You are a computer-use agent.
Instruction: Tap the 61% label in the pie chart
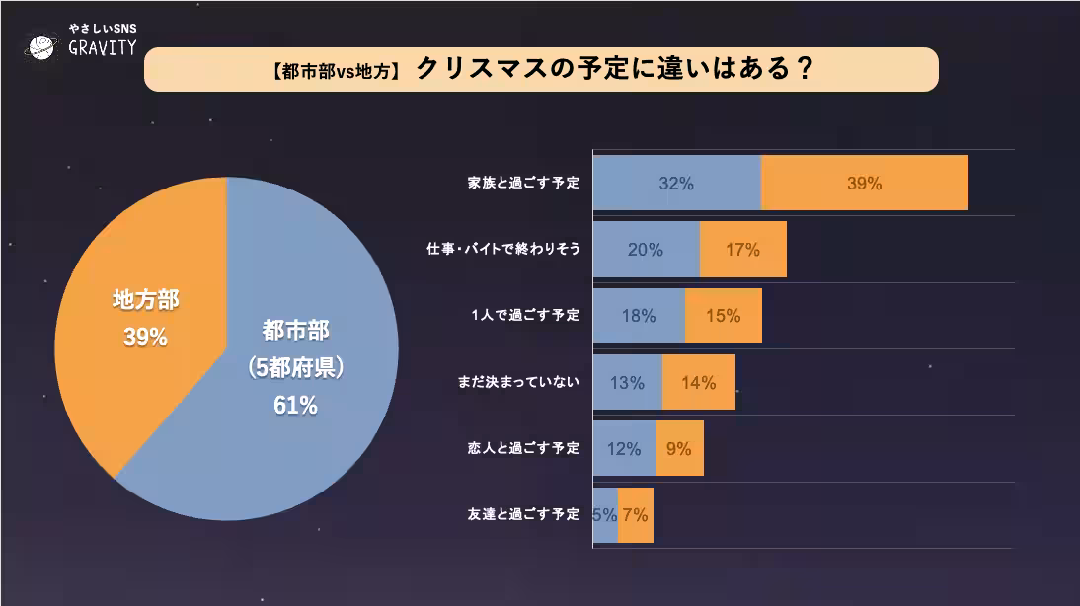(x=295, y=405)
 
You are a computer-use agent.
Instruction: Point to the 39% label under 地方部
(x=145, y=338)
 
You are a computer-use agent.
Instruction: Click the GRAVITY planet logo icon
(x=42, y=46)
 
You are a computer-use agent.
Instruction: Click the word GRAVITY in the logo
(x=103, y=49)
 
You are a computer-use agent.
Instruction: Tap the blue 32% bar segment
(x=676, y=183)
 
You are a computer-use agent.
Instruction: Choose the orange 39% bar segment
(x=865, y=183)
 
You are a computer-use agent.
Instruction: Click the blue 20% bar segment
(x=646, y=250)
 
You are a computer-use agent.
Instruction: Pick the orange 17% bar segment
(x=742, y=250)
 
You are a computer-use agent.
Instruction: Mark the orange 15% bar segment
(x=723, y=316)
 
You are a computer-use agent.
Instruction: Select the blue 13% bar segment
(x=627, y=382)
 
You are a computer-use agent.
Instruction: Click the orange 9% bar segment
(x=679, y=448)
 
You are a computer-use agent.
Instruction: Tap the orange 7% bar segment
(x=636, y=514)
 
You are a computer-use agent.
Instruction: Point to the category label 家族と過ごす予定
(x=523, y=183)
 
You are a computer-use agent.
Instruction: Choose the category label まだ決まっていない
(x=518, y=382)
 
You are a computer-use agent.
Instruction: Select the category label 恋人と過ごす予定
(x=523, y=448)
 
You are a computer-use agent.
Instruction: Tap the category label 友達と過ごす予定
(x=523, y=514)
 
